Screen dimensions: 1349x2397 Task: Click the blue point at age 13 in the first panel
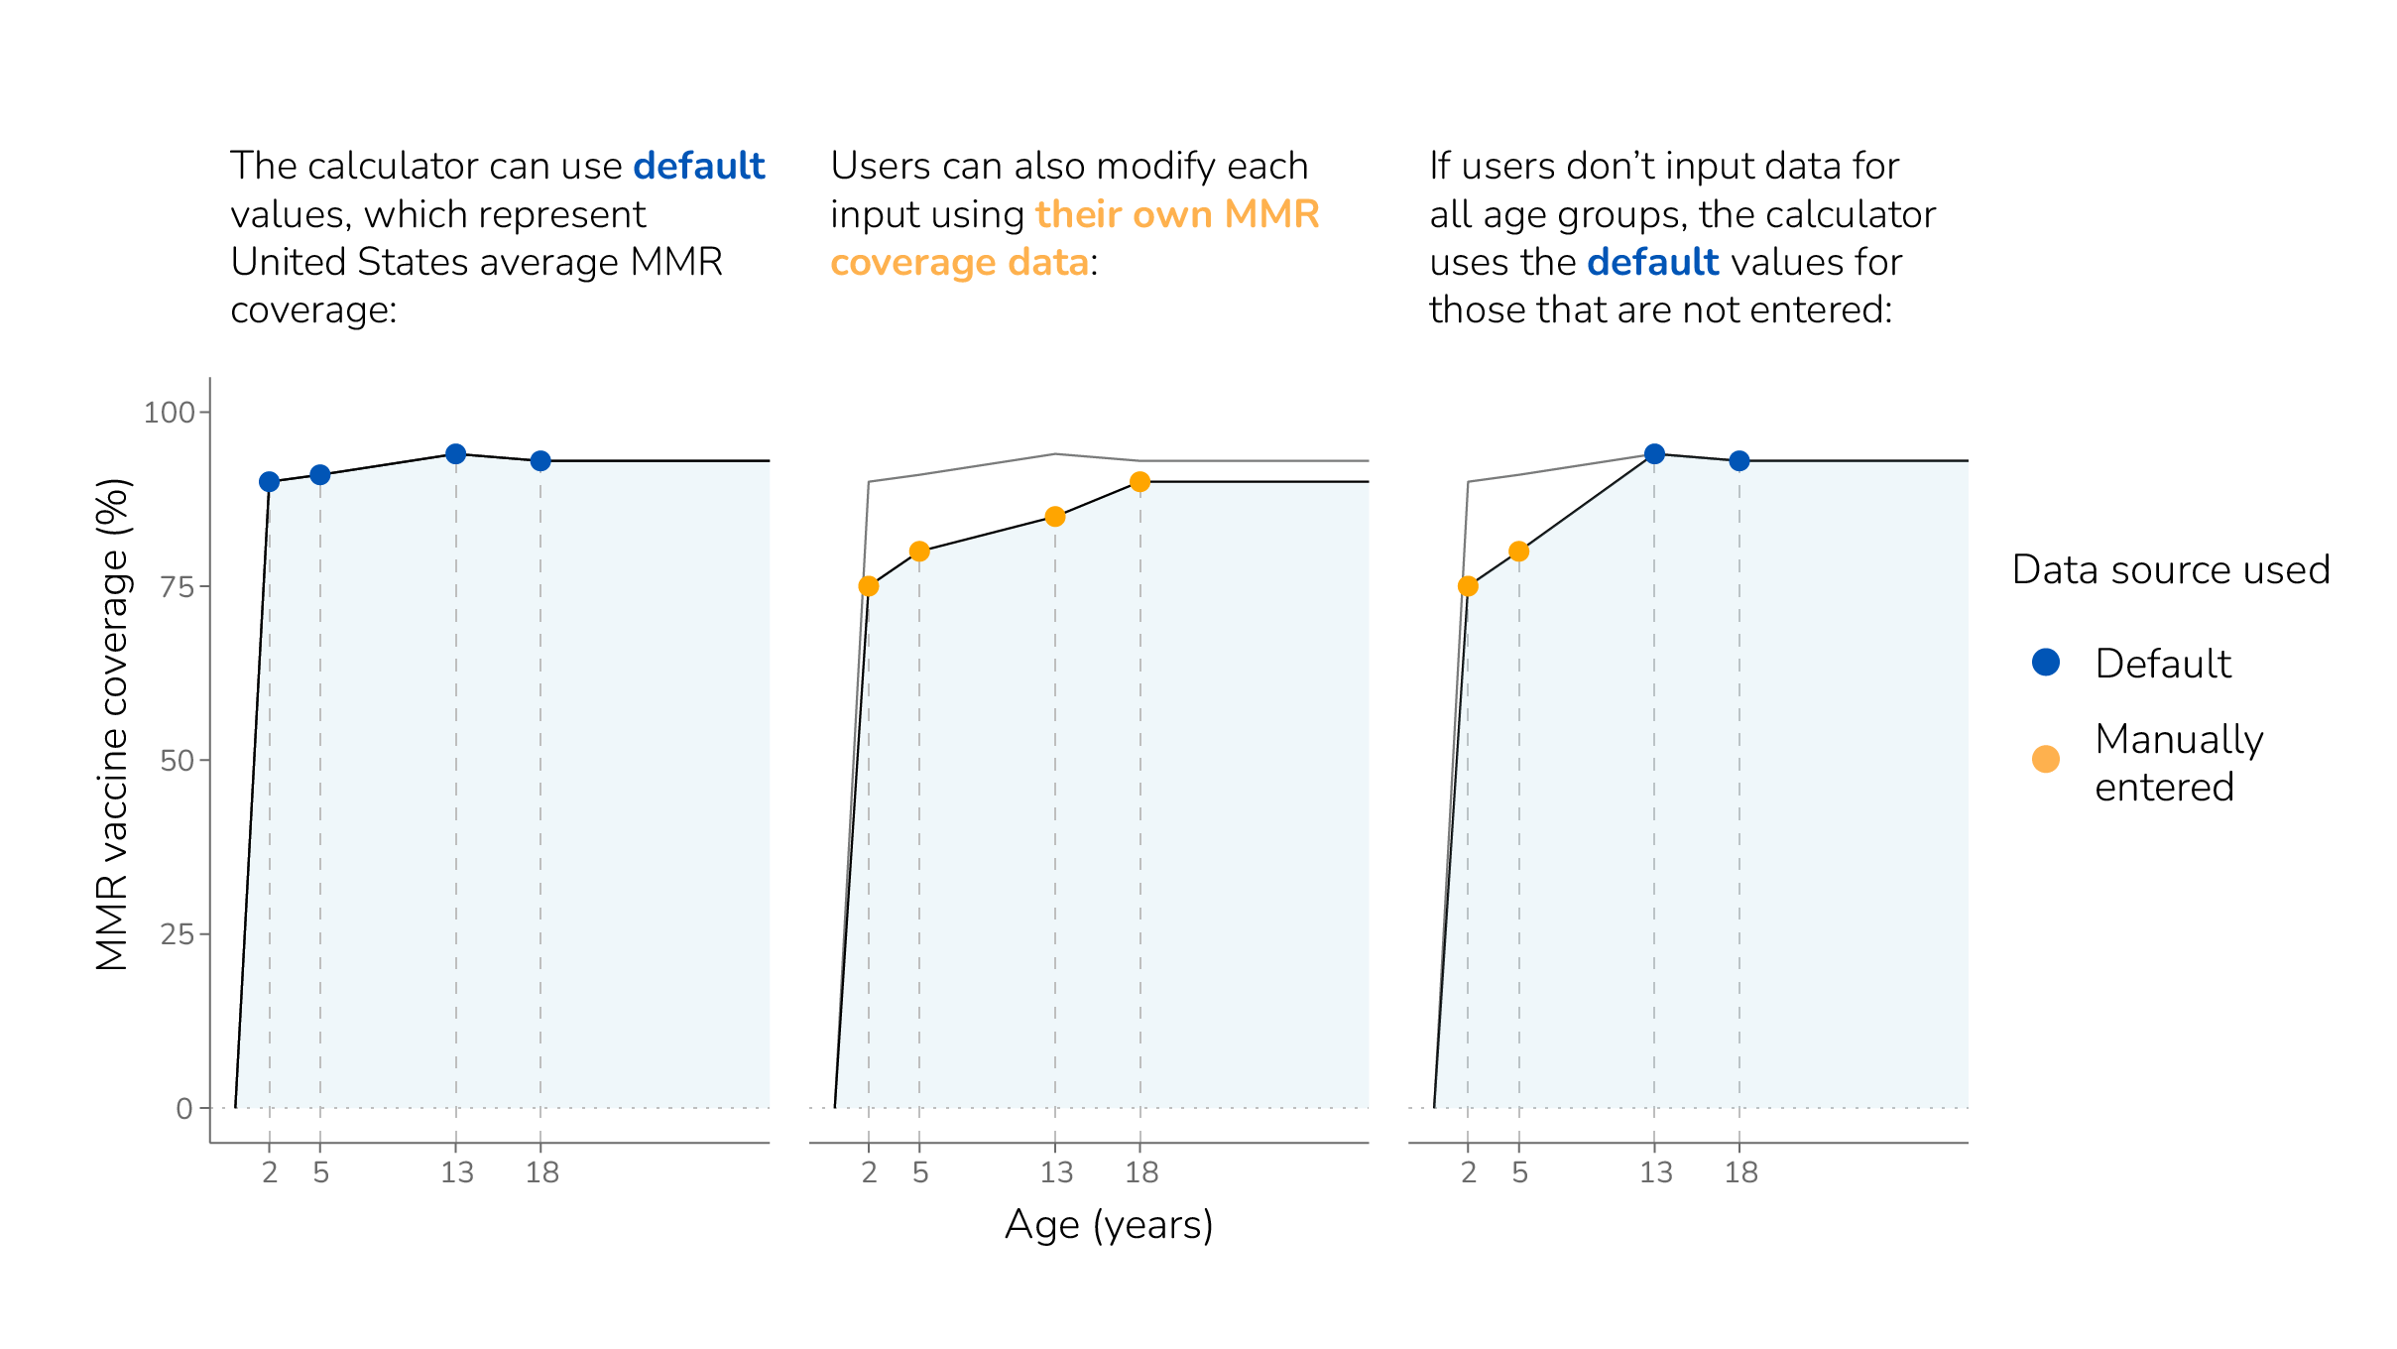(456, 454)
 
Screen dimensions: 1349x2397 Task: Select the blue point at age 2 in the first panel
(269, 482)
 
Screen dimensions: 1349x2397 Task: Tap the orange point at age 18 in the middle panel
(1139, 482)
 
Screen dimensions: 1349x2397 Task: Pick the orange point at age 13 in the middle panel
(1055, 517)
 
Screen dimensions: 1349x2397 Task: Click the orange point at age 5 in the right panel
(1518, 552)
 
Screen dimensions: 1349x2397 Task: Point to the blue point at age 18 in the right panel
(1738, 461)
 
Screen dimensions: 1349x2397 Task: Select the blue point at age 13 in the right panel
(1654, 454)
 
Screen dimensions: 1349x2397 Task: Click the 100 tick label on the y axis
(169, 413)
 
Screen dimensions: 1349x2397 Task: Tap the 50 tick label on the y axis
(177, 761)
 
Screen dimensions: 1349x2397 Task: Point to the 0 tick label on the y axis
(184, 1109)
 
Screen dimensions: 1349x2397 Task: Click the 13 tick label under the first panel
(457, 1173)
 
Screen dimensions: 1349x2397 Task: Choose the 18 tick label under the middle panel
(1141, 1173)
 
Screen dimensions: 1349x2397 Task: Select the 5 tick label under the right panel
(1519, 1173)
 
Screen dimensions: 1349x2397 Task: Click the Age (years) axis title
(1109, 1225)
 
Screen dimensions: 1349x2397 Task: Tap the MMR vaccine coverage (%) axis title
(113, 724)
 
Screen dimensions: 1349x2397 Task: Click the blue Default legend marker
(2045, 662)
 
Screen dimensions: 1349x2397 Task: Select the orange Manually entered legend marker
(2045, 760)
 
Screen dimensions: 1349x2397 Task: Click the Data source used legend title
(2170, 570)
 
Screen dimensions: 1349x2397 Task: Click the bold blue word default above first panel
(698, 166)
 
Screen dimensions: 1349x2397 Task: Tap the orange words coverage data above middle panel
(959, 263)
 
